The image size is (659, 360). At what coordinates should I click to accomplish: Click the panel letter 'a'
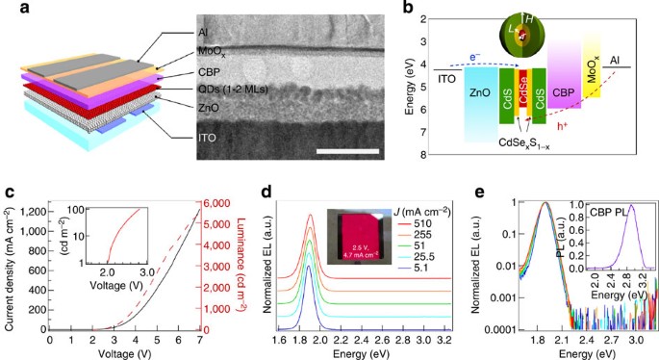point(8,9)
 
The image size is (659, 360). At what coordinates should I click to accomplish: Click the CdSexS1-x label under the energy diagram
point(522,144)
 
